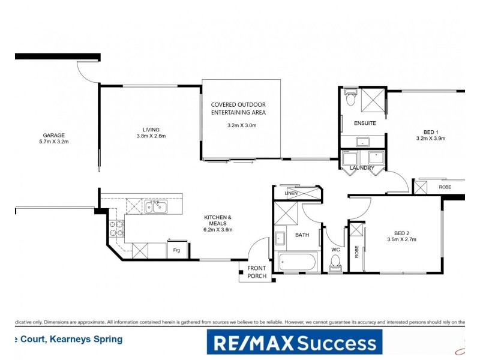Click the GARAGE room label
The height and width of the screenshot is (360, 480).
click(53, 135)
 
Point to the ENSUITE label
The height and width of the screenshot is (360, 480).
click(365, 123)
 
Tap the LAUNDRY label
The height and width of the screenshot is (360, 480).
click(362, 168)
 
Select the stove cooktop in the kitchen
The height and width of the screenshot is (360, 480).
click(116, 229)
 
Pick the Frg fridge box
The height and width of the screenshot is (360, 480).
click(177, 249)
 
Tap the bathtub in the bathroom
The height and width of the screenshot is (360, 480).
click(296, 262)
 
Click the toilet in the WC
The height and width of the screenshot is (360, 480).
click(335, 263)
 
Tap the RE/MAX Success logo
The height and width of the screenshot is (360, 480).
click(294, 343)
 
